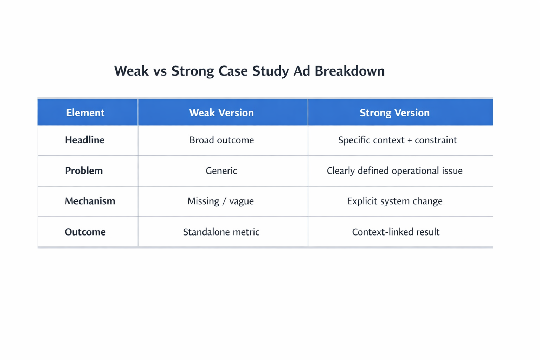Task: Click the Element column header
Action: click(85, 113)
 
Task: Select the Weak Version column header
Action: click(221, 113)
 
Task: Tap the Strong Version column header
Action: click(394, 113)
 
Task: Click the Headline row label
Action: click(85, 140)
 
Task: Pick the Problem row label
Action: click(84, 171)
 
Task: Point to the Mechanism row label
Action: click(90, 201)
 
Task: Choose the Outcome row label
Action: click(85, 232)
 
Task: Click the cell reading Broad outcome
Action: click(221, 140)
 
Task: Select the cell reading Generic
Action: click(221, 171)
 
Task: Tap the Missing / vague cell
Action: click(220, 201)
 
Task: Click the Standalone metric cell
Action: click(221, 232)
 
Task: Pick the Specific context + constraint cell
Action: click(397, 140)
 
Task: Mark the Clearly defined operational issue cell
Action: click(394, 171)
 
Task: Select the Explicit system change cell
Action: click(394, 201)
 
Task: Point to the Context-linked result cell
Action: click(396, 232)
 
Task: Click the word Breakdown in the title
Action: click(349, 71)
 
